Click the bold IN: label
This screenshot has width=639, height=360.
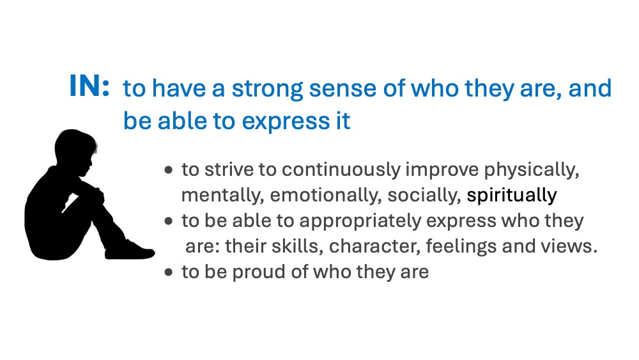coord(89,86)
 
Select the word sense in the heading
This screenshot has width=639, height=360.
coord(343,89)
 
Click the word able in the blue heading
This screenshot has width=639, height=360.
coord(182,121)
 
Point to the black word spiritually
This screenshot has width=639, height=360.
coord(511,196)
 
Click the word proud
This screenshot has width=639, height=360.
coord(259,272)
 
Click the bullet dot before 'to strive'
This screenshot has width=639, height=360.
coord(169,170)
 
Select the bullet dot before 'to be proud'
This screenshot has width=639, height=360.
coord(169,272)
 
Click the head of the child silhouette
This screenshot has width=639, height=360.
coord(75,148)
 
